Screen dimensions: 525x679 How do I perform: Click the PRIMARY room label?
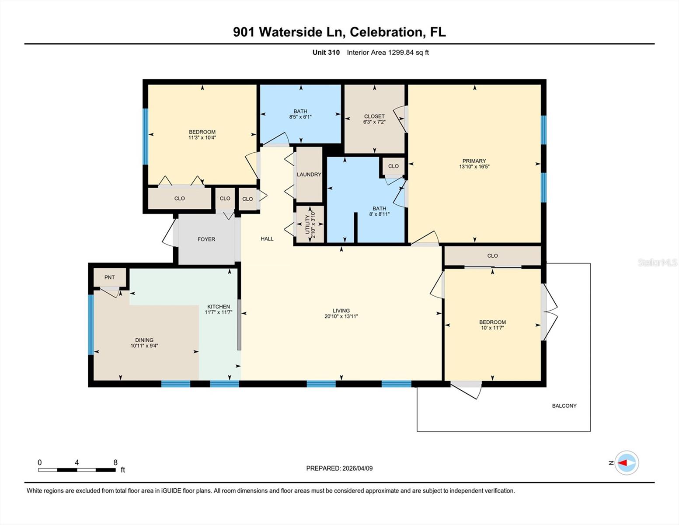(x=474, y=161)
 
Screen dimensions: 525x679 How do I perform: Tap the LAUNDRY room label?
(x=309, y=175)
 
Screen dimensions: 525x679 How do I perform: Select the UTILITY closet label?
(x=307, y=224)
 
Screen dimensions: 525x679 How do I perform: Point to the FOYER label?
(x=206, y=239)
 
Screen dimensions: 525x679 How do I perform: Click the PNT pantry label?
(x=109, y=277)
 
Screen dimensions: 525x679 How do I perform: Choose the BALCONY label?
(x=564, y=406)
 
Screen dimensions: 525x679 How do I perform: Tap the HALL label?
(x=267, y=239)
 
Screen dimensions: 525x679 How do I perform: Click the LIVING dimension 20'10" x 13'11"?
(x=341, y=316)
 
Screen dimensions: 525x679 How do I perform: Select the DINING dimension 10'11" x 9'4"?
(x=144, y=346)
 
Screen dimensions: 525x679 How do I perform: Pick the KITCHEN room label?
(x=219, y=307)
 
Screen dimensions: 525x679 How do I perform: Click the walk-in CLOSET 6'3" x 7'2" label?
(x=374, y=117)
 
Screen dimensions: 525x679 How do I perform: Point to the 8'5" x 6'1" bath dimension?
(x=300, y=117)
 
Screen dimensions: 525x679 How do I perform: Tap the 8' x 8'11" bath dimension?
(x=380, y=214)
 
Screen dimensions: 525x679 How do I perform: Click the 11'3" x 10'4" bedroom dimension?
(x=202, y=137)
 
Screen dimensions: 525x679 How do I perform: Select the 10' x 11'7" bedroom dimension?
(x=492, y=328)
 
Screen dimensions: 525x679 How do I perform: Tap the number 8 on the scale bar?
(x=115, y=462)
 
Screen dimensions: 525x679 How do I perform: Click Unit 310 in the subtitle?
(x=326, y=52)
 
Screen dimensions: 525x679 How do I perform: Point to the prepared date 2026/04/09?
(x=357, y=468)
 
